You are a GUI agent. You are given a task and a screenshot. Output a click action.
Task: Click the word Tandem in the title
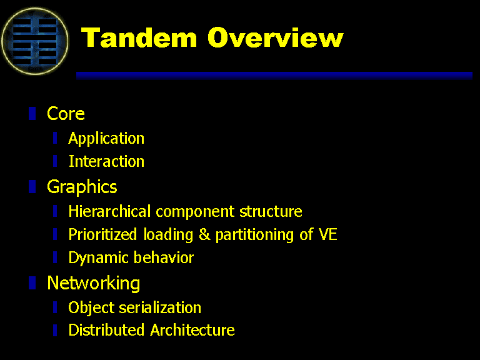pyautogui.click(x=139, y=37)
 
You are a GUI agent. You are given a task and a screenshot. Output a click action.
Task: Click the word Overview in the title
pyautogui.click(x=276, y=37)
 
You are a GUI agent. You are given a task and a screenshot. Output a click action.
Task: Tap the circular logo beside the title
pyautogui.click(x=34, y=41)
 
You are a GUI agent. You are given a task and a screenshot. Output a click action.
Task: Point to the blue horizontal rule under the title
pyautogui.click(x=274, y=76)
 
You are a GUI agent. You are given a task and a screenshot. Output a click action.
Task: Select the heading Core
pyautogui.click(x=66, y=114)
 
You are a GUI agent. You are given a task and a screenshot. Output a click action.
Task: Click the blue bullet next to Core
pyautogui.click(x=32, y=114)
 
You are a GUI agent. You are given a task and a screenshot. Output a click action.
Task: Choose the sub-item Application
pyautogui.click(x=106, y=138)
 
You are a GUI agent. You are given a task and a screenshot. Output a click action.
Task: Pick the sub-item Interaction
pyautogui.click(x=106, y=161)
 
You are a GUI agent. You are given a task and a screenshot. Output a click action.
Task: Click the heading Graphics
pyautogui.click(x=82, y=187)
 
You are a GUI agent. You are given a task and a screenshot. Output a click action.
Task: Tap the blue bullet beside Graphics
pyautogui.click(x=32, y=187)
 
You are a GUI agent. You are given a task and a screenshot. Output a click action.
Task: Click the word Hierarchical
pyautogui.click(x=109, y=211)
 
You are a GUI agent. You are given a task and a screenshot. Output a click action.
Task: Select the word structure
pyautogui.click(x=271, y=211)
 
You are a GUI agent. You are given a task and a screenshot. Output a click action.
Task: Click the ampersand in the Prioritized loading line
pyautogui.click(x=204, y=234)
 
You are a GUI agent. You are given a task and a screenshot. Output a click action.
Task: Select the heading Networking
pyautogui.click(x=94, y=283)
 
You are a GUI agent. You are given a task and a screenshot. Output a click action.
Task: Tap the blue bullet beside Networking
pyautogui.click(x=32, y=283)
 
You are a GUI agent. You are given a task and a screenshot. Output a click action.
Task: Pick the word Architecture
pyautogui.click(x=192, y=330)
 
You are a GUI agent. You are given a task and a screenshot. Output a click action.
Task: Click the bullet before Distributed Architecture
pyautogui.click(x=55, y=330)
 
